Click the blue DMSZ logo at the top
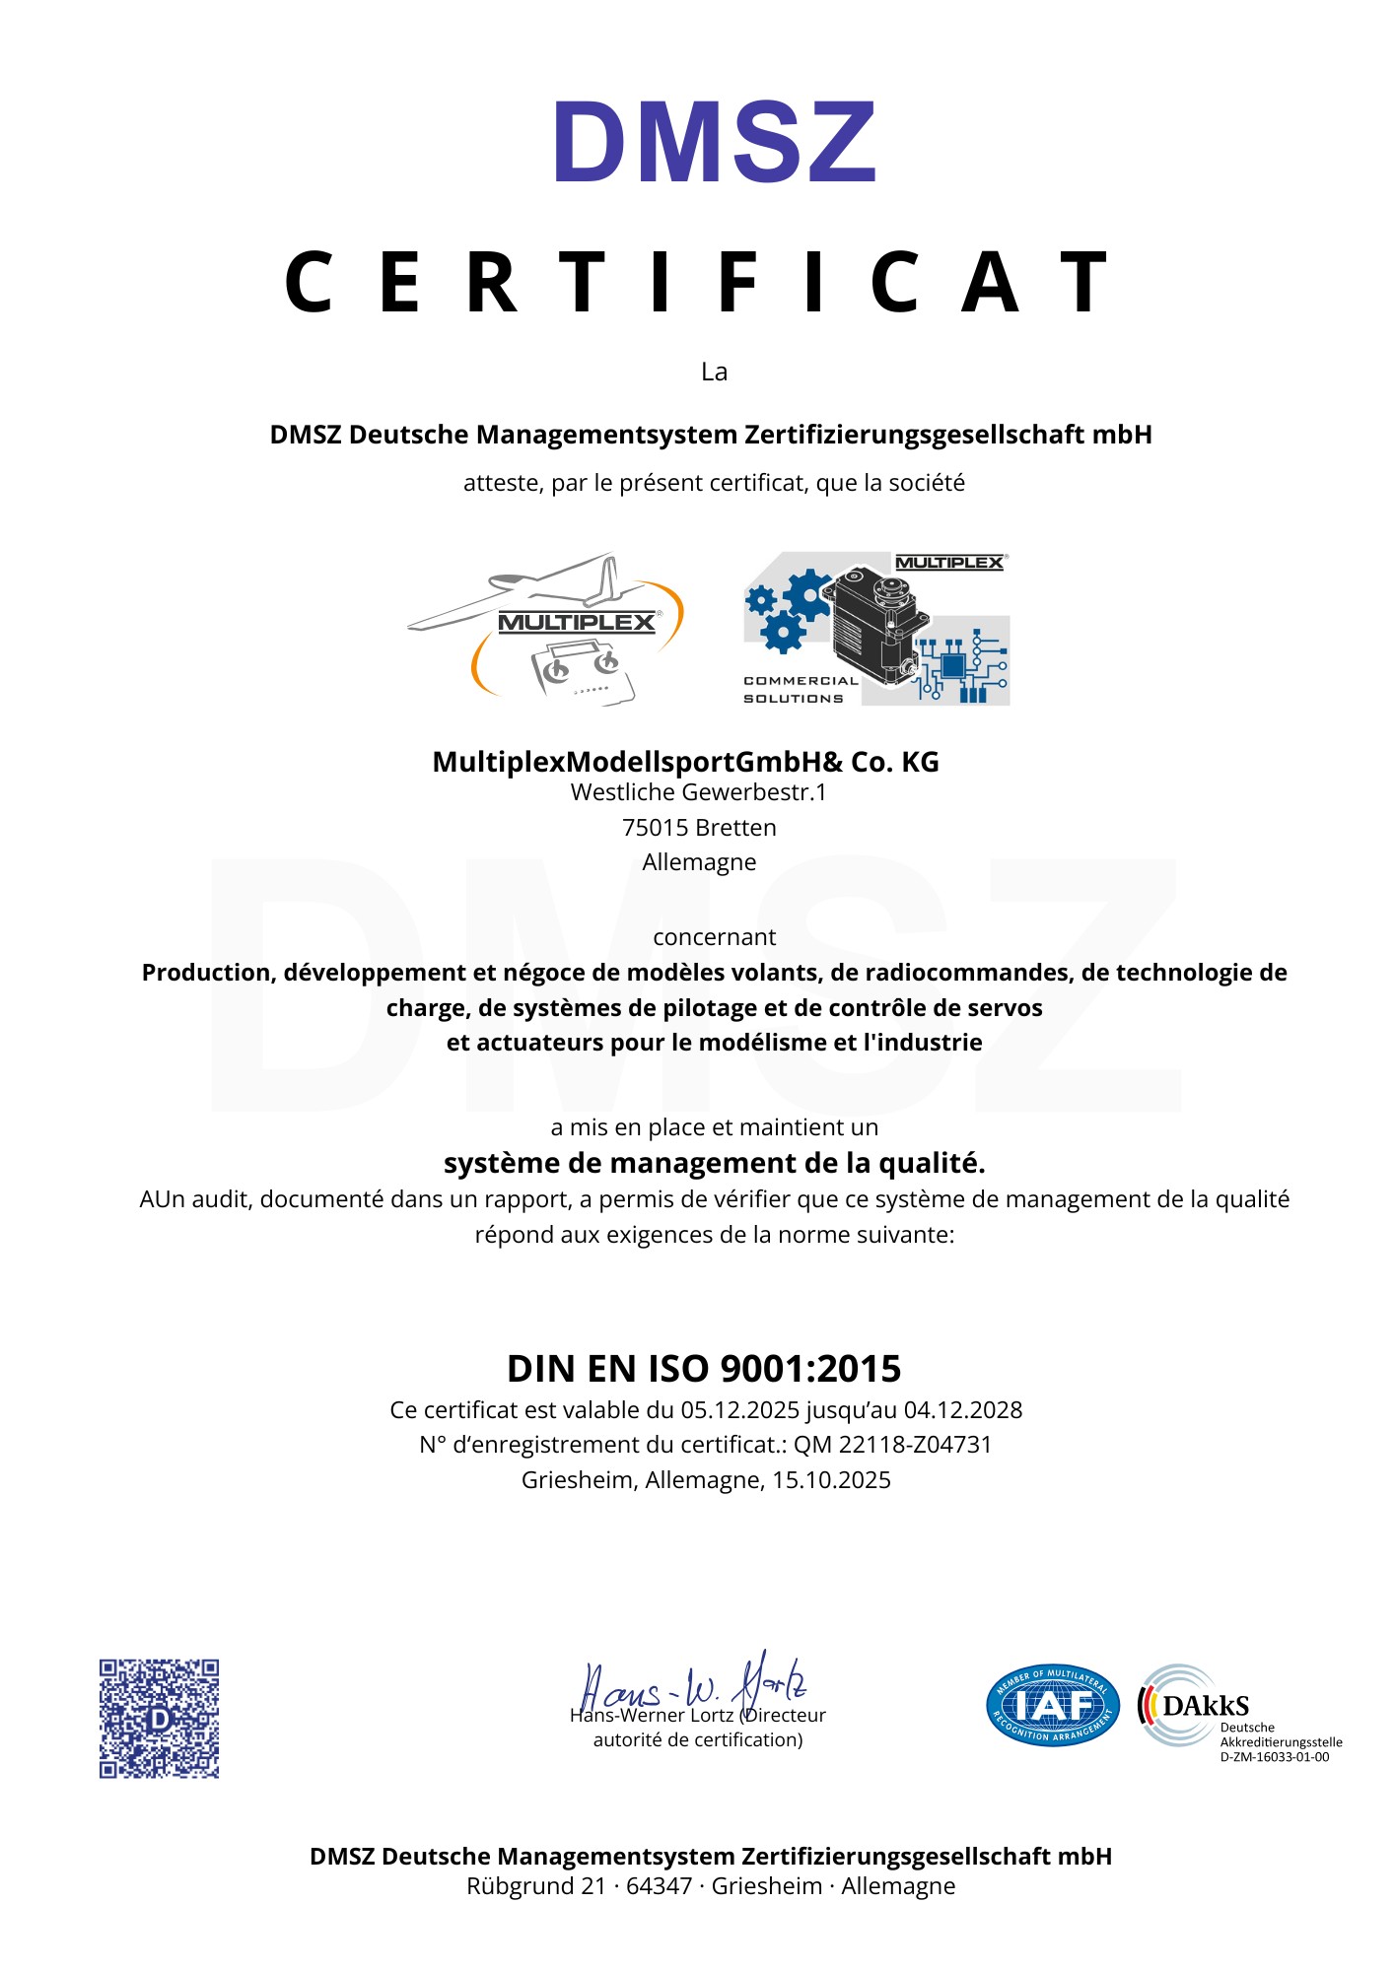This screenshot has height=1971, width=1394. point(715,143)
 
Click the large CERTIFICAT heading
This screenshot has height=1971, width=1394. point(698,283)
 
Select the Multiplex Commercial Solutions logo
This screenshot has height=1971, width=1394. point(876,629)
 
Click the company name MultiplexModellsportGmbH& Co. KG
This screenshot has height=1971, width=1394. point(685,762)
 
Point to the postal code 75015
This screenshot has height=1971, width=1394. point(653,828)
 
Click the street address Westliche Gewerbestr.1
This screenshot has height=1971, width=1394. point(698,792)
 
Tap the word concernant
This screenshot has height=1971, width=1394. point(714,937)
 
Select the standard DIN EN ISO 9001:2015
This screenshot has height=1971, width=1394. point(704,1369)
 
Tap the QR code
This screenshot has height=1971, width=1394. point(159,1719)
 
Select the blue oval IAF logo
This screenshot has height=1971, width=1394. point(1053,1706)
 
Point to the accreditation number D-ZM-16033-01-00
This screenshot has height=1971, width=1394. point(1274,1757)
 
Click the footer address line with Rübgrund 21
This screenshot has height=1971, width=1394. point(711,1886)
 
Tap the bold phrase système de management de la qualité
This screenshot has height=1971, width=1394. point(714,1164)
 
